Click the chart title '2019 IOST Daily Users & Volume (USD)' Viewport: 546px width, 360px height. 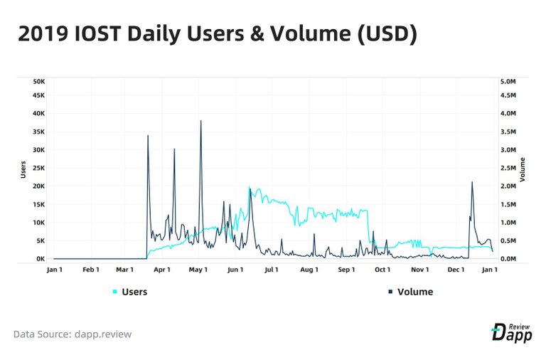click(x=217, y=33)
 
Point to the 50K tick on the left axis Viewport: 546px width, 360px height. click(x=38, y=82)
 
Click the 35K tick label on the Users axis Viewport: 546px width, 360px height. click(x=38, y=132)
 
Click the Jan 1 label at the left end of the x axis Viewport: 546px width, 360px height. click(x=53, y=270)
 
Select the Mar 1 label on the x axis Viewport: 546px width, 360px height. click(x=125, y=270)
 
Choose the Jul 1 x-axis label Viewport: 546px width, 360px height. click(x=271, y=270)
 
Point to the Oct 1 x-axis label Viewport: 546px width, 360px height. click(x=382, y=270)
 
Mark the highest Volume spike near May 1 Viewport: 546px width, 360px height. click(x=200, y=122)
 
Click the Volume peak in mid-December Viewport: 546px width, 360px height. click(x=472, y=183)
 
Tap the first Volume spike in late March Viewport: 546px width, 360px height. click(x=148, y=136)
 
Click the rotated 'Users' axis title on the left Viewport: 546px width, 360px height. click(x=24, y=170)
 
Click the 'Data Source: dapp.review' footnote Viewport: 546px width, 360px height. click(x=73, y=334)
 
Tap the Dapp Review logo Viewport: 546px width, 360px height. click(x=511, y=332)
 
